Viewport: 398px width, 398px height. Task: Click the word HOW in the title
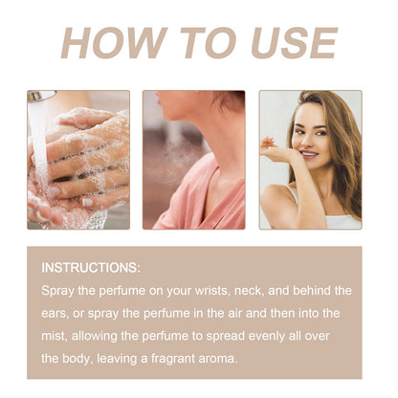click(114, 43)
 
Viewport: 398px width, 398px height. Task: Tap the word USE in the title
click(294, 43)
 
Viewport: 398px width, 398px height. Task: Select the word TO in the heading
click(209, 43)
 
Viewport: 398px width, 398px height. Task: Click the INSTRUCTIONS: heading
click(91, 268)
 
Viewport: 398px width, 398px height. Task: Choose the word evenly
click(266, 337)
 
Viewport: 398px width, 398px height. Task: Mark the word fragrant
click(173, 359)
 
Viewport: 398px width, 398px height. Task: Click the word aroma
click(218, 360)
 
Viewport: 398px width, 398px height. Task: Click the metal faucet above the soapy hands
click(40, 96)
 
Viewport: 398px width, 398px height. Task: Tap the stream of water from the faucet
click(39, 141)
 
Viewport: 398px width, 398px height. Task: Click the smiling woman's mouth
click(309, 154)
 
